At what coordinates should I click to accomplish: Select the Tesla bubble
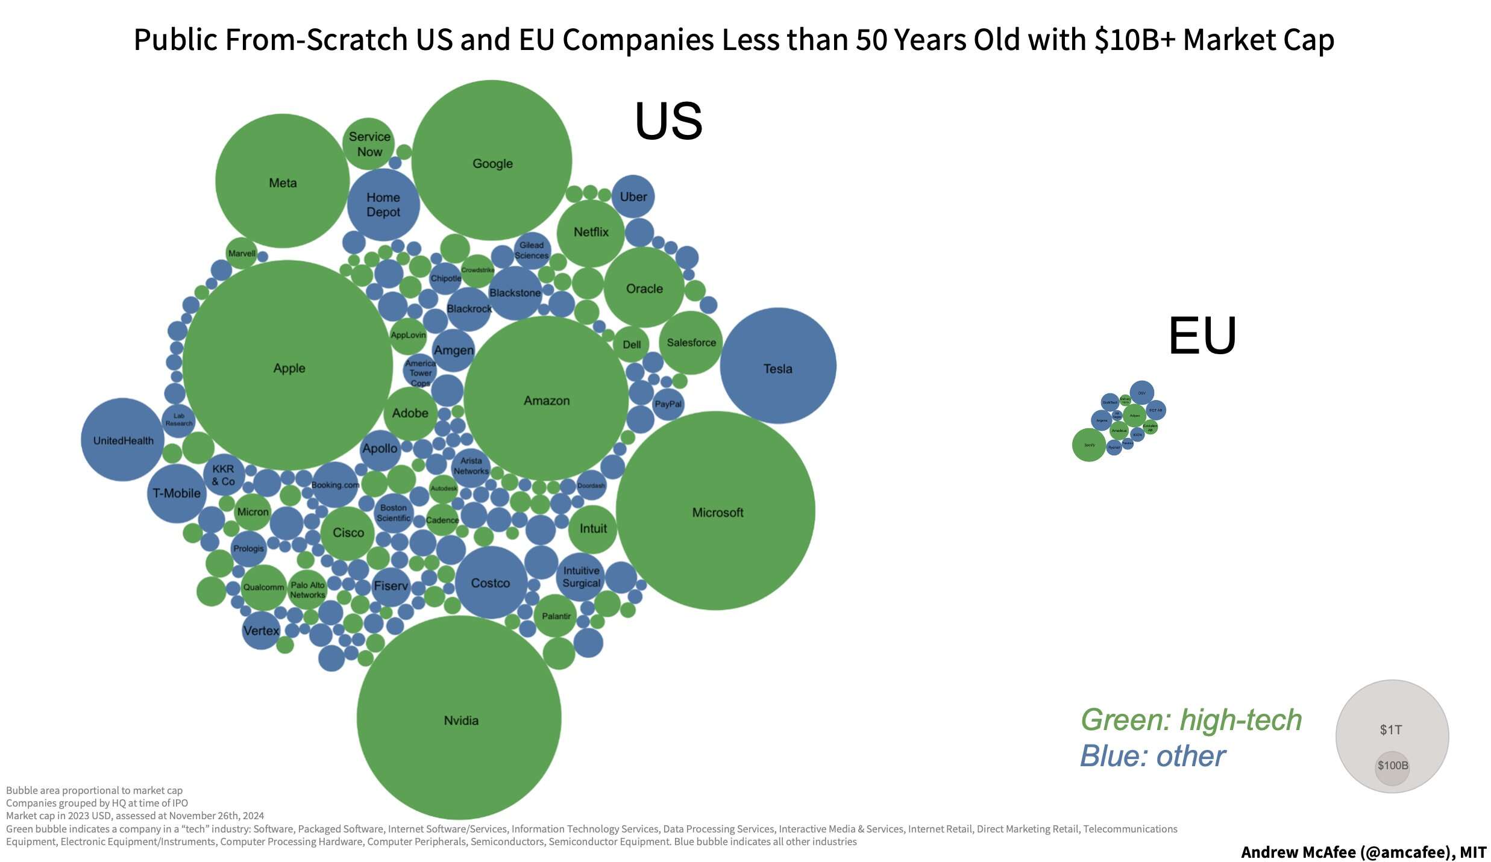[x=777, y=366]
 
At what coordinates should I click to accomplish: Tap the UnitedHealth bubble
[x=123, y=440]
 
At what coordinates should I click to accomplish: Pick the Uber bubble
[x=633, y=196]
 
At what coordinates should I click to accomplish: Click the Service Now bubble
[x=369, y=143]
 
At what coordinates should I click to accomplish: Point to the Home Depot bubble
[x=383, y=205]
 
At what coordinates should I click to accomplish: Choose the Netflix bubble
[x=591, y=233]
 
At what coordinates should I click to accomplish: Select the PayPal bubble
[x=668, y=404]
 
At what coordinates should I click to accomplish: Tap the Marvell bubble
[x=242, y=254]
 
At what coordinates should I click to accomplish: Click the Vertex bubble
[x=261, y=631]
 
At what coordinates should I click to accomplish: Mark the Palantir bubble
[x=556, y=616]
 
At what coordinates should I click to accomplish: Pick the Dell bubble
[x=632, y=345]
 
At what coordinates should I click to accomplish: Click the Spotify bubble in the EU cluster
[x=1089, y=445]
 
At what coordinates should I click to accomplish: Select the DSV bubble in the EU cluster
[x=1141, y=393]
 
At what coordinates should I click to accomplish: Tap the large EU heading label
[x=1202, y=336]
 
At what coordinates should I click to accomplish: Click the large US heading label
[x=668, y=121]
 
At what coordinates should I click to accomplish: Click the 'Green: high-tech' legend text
[x=1191, y=720]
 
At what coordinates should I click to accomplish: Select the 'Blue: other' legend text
[x=1152, y=756]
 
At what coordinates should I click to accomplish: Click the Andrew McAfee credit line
[x=1363, y=852]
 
